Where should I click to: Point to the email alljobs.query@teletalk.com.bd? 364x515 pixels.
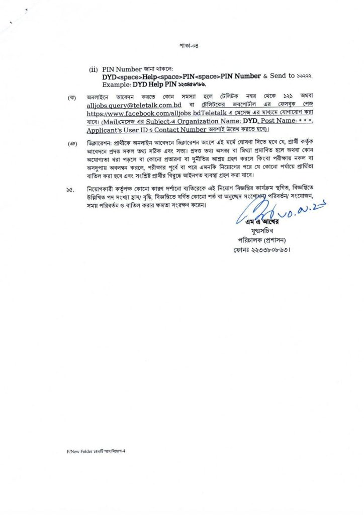click(x=134, y=105)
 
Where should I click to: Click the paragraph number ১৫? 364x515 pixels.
click(x=70, y=190)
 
